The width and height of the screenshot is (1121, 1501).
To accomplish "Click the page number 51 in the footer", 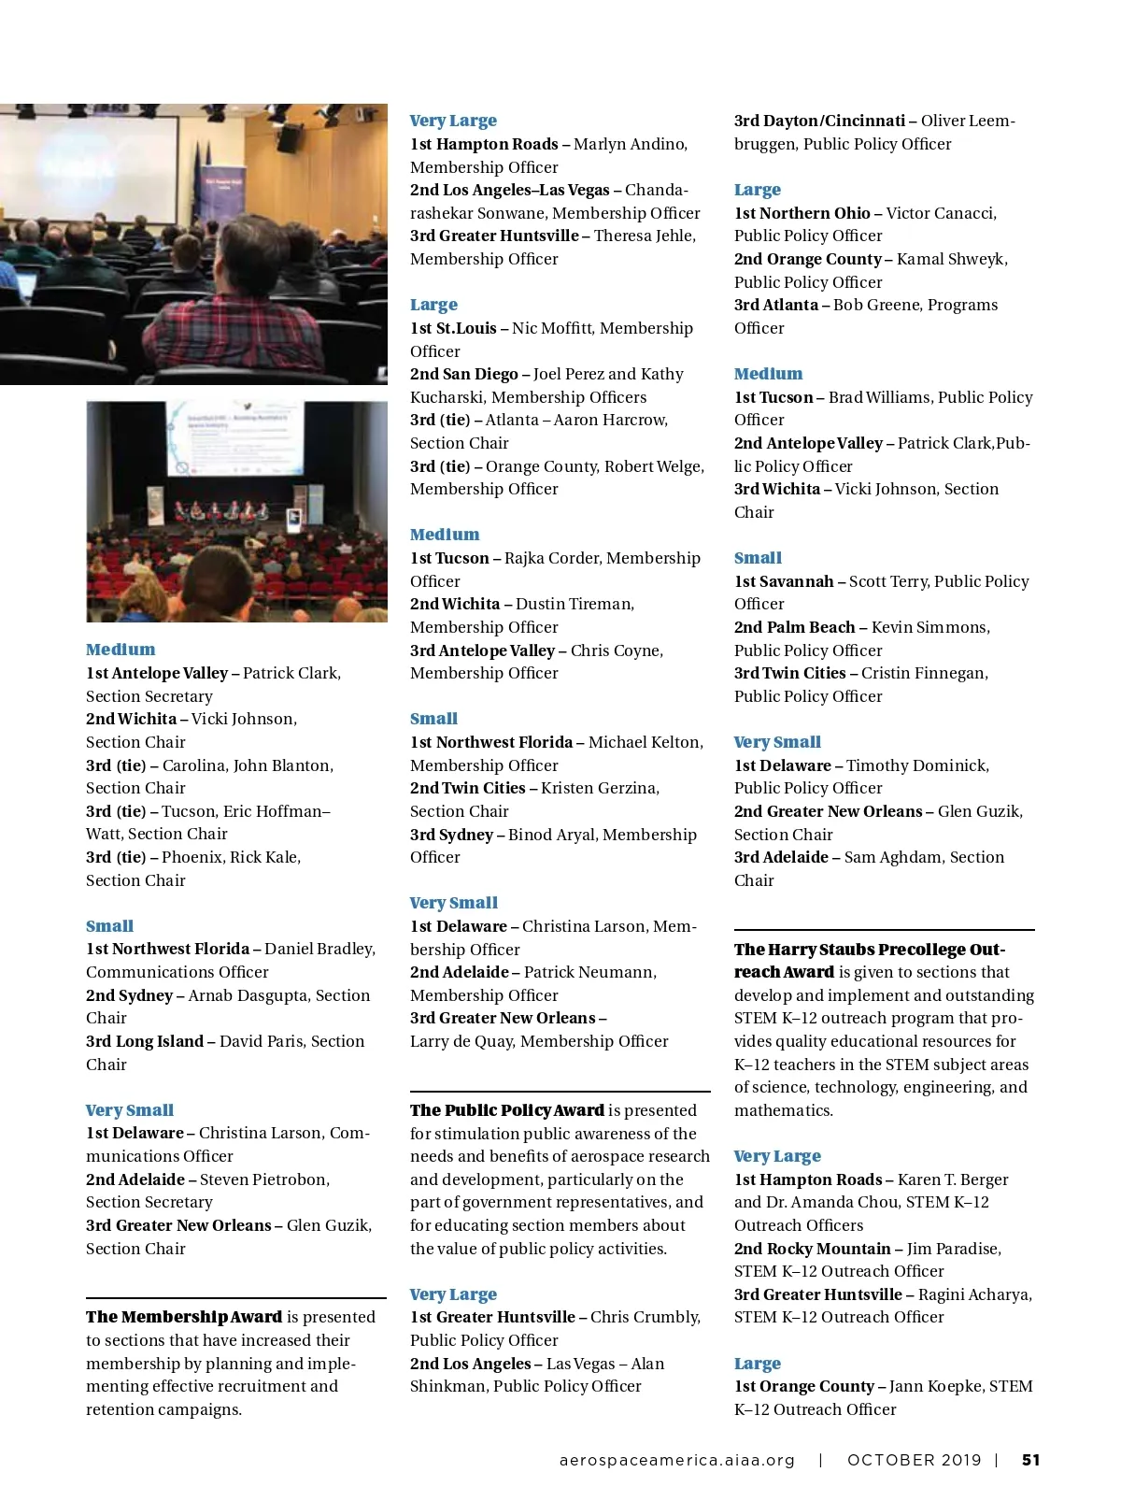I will click(x=1030, y=1460).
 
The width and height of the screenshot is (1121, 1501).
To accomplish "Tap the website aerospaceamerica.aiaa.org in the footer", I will click(x=677, y=1460).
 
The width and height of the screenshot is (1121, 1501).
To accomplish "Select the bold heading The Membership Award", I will click(x=184, y=1317).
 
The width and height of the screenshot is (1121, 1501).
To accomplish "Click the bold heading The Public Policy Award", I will click(x=507, y=1110).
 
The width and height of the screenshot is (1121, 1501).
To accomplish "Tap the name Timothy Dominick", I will click(x=917, y=765).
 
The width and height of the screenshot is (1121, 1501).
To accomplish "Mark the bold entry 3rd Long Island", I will click(x=145, y=1041).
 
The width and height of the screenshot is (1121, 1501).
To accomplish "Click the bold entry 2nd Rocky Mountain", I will click(x=813, y=1249).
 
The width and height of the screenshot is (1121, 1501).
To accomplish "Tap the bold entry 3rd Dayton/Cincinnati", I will click(x=819, y=121).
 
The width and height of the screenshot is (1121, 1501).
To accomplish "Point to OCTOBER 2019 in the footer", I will click(x=914, y=1460).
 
